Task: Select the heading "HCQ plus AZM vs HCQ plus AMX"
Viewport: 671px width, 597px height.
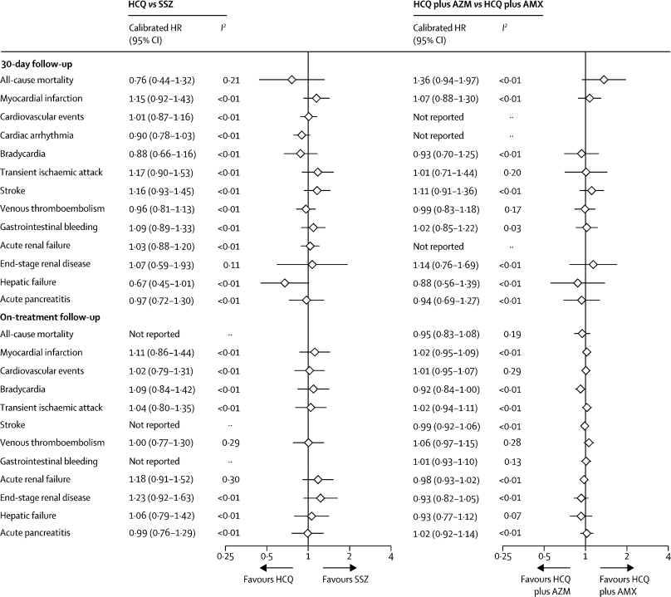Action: [x=473, y=7]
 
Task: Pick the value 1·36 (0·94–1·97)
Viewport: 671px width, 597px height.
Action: [x=445, y=80]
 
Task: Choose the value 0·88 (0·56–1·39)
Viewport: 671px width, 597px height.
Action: [x=445, y=282]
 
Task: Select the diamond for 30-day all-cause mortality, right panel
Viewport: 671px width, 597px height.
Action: [x=604, y=80]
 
